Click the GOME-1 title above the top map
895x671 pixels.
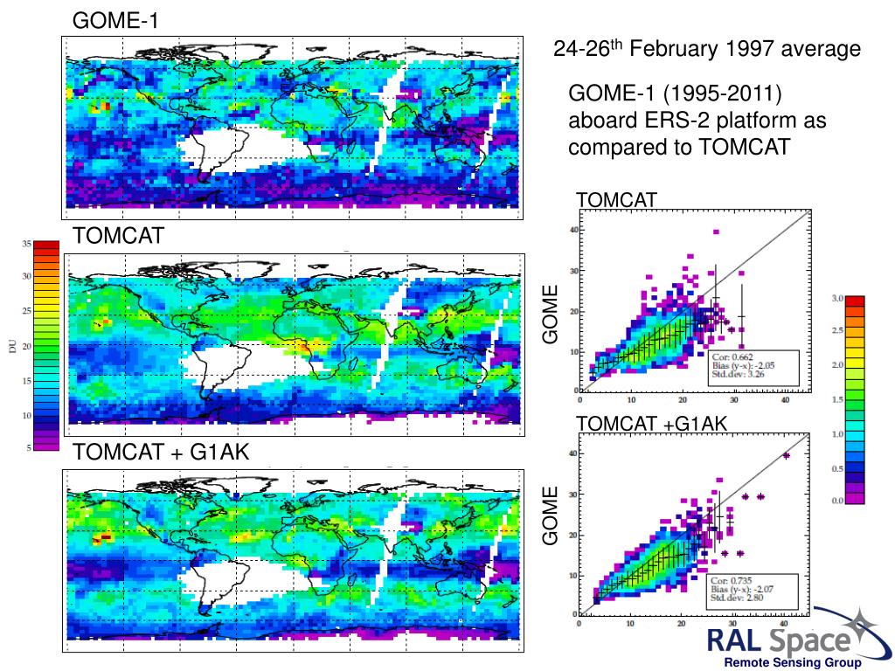click(114, 19)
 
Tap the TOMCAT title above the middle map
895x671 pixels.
click(117, 236)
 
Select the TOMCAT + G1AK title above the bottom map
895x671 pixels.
click(161, 452)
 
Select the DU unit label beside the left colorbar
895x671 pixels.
click(11, 347)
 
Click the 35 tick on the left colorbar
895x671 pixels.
click(26, 243)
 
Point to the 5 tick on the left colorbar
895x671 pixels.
click(29, 447)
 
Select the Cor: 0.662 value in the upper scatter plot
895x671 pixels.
click(732, 356)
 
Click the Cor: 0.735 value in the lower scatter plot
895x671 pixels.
click(732, 580)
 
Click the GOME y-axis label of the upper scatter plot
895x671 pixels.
click(550, 312)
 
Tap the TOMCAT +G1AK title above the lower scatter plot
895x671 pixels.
click(651, 424)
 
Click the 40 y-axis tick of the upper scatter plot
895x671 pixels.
click(574, 230)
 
